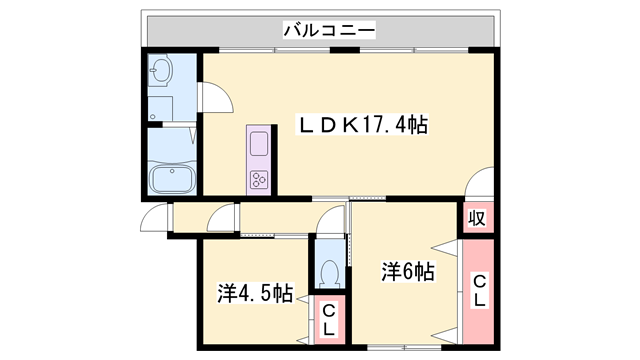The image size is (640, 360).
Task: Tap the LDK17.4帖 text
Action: [365, 126]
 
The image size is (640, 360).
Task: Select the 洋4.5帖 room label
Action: [256, 294]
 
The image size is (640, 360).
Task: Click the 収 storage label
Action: [478, 218]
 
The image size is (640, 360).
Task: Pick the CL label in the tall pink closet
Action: [478, 290]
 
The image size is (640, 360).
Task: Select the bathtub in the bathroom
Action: [173, 180]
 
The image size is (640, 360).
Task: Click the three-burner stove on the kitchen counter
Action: [259, 179]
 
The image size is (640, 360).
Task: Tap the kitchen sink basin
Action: [259, 143]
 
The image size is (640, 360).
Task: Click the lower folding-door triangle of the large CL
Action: [446, 330]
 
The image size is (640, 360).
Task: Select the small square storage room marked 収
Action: [478, 218]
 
